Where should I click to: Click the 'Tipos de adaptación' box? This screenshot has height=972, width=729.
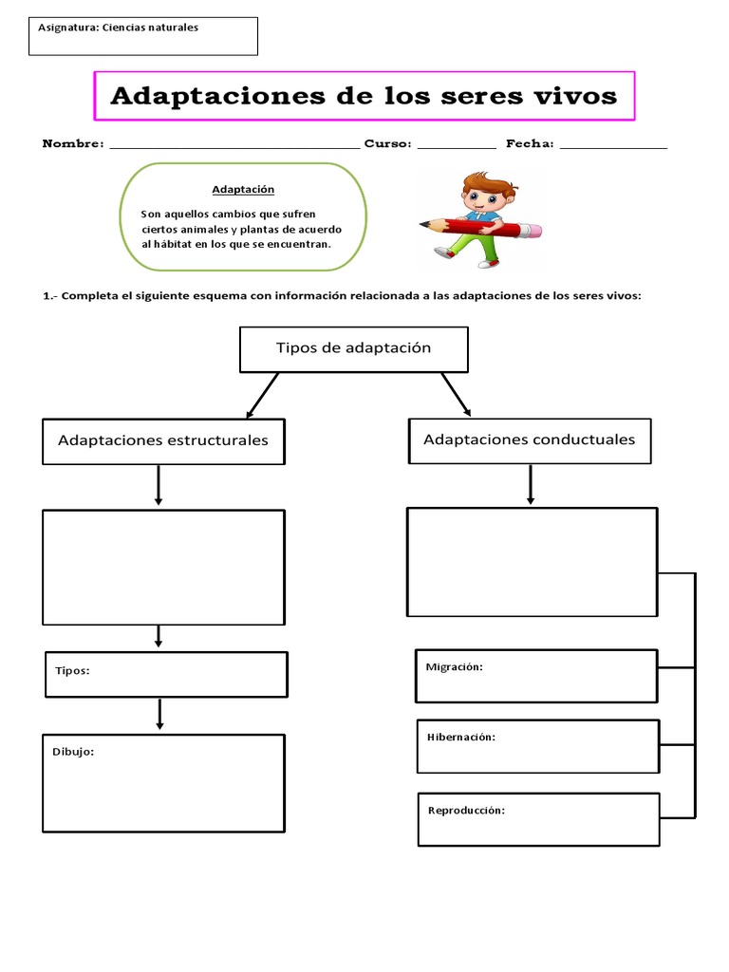pyautogui.click(x=354, y=348)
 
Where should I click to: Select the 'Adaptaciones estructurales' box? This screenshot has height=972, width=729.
pyautogui.click(x=163, y=440)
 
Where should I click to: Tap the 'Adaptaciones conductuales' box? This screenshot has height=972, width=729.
pyautogui.click(x=530, y=439)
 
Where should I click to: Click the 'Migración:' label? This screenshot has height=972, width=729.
pyautogui.click(x=455, y=666)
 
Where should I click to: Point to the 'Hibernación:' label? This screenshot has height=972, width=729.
pyautogui.click(x=461, y=737)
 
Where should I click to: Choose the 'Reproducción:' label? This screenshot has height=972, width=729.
pyautogui.click(x=466, y=810)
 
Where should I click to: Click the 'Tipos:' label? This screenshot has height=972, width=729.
pyautogui.click(x=72, y=670)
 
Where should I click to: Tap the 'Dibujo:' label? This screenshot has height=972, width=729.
pyautogui.click(x=73, y=752)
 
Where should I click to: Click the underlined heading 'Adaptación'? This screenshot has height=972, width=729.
pyautogui.click(x=243, y=190)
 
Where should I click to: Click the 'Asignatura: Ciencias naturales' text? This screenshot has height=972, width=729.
pyautogui.click(x=119, y=28)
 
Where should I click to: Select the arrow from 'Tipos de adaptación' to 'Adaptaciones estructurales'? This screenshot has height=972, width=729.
pyautogui.click(x=262, y=395)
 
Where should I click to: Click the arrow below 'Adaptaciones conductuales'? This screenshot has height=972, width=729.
pyautogui.click(x=531, y=485)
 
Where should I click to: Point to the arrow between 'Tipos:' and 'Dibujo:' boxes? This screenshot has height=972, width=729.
pyautogui.click(x=159, y=715)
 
